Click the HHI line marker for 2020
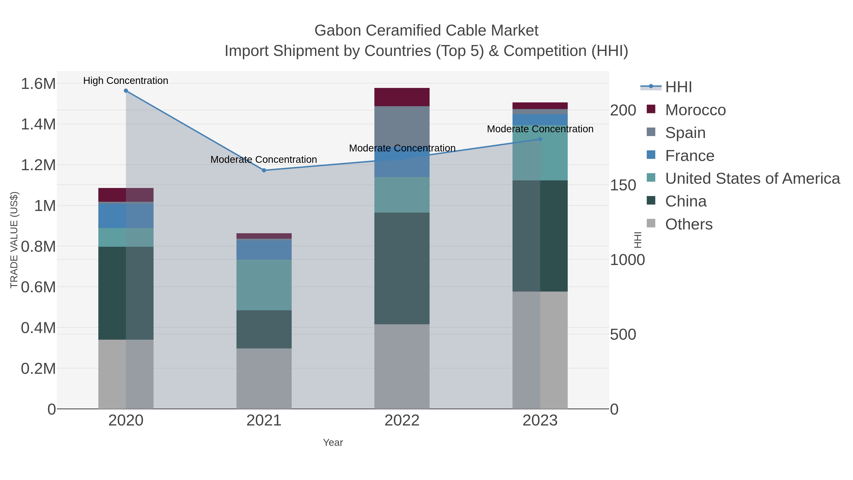pos(126,91)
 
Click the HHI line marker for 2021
pos(264,170)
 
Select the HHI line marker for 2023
pos(540,139)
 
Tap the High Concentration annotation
pos(126,81)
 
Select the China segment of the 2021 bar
pos(264,329)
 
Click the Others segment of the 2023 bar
pos(540,350)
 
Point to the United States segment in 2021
pos(264,285)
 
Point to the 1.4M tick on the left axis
pos(38,124)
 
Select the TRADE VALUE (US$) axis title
pos(14,240)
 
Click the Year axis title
pos(333,443)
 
